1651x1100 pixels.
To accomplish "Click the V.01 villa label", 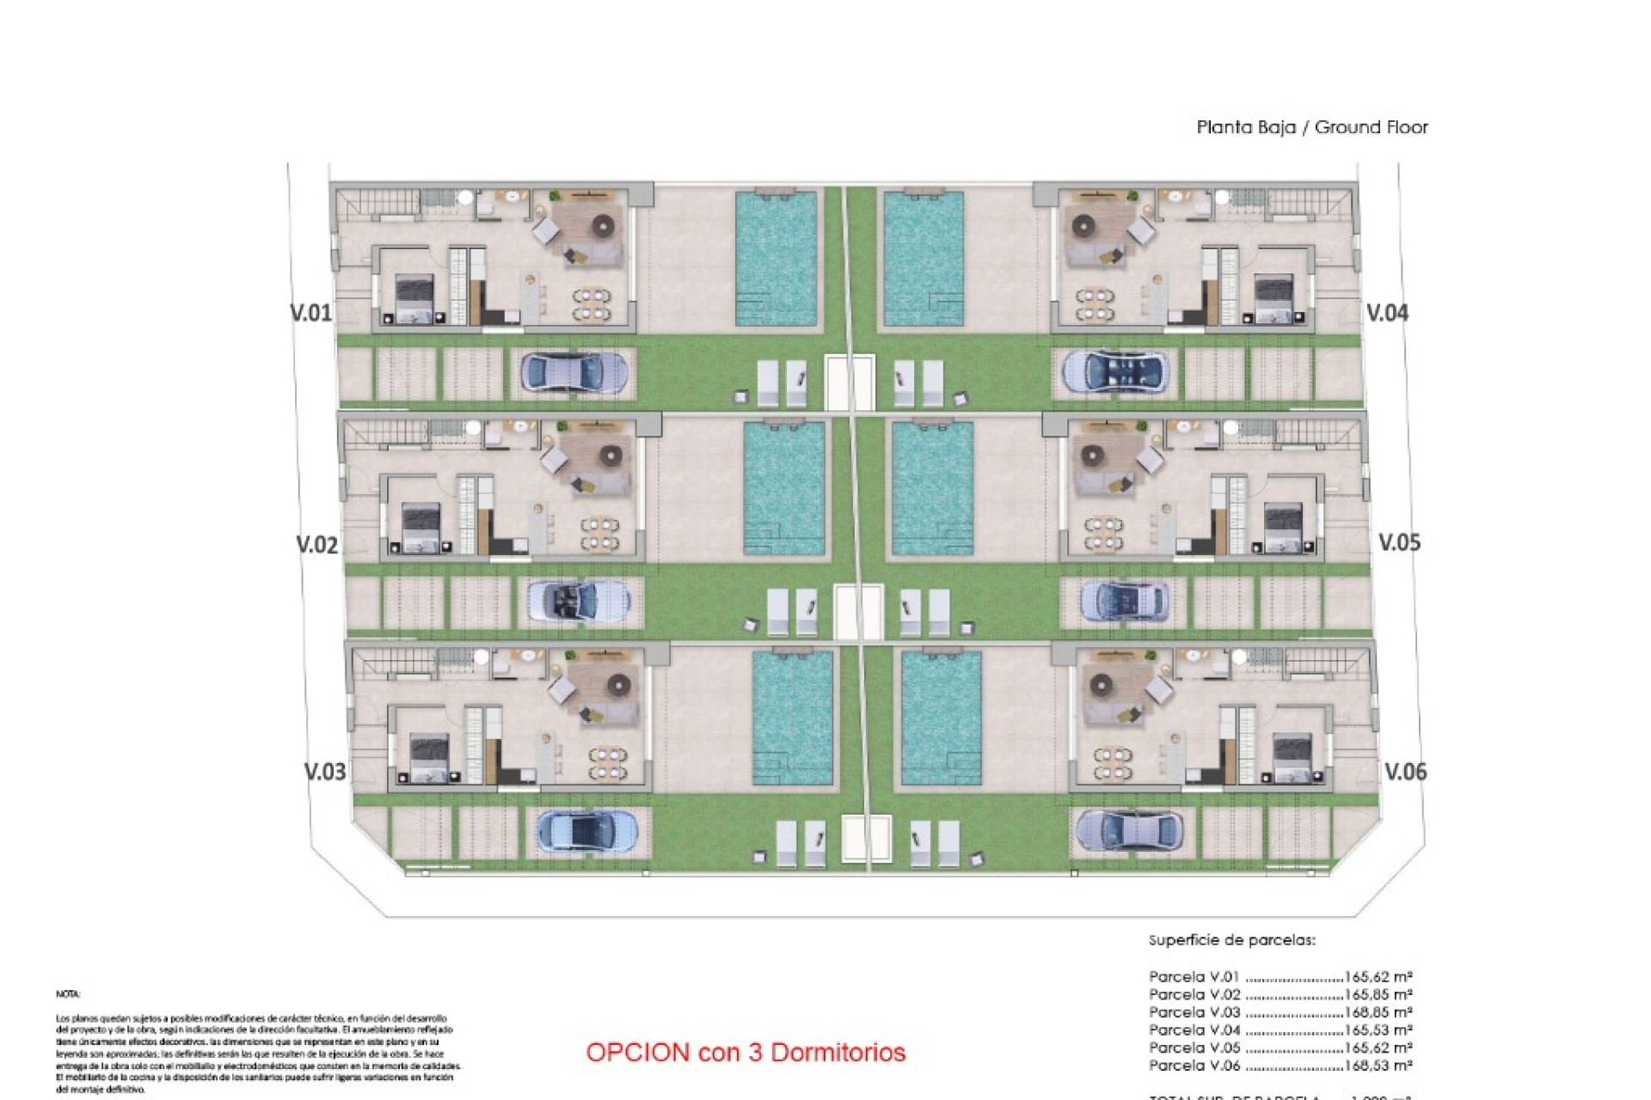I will [311, 313].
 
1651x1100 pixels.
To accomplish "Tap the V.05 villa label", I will [1399, 543].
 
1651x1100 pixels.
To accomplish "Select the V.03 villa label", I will [325, 772].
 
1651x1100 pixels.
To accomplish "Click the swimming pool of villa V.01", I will [776, 258].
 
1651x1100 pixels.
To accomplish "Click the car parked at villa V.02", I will [579, 600].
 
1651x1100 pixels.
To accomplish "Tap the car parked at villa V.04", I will [1114, 371].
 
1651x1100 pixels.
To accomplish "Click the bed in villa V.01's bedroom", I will [414, 299].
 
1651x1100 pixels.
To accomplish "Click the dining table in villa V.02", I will [599, 534].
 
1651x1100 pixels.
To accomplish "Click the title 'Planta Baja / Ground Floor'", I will [1311, 128].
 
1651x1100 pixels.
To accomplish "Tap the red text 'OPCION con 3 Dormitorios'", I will [746, 1053].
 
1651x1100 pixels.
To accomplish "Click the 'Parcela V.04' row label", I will [1194, 1030].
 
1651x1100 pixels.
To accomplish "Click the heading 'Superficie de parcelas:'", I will [1231, 940].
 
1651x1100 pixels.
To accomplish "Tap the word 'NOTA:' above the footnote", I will [68, 994].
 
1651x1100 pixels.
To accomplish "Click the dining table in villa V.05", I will [1103, 533].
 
